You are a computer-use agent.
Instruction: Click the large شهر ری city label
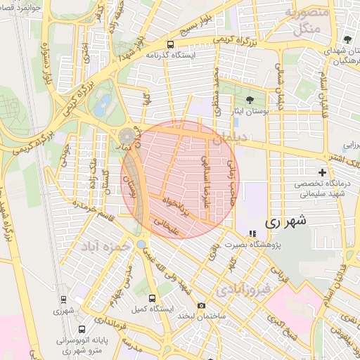(286, 221)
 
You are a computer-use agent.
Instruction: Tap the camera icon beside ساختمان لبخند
(202, 305)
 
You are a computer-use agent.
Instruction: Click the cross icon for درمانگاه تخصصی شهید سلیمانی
(323, 172)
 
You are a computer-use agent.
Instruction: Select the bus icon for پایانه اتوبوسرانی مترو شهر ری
(82, 328)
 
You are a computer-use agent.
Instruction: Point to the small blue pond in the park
(104, 105)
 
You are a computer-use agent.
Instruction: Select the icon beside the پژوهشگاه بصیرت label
(252, 234)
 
